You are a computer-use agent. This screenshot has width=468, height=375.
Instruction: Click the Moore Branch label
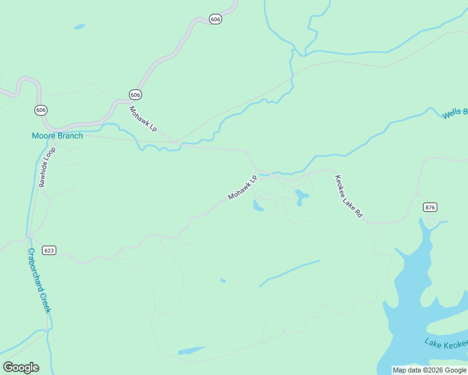click(57, 136)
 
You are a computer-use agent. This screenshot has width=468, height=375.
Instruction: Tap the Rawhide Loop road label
click(46, 167)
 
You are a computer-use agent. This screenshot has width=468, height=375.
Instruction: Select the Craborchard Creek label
click(38, 281)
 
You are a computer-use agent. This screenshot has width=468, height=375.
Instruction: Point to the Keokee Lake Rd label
click(348, 196)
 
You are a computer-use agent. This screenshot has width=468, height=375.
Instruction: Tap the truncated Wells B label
click(455, 113)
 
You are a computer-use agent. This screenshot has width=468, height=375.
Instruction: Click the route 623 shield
click(49, 250)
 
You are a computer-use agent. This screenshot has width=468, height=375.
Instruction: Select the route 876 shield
click(429, 207)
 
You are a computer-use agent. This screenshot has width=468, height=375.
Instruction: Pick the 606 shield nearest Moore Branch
click(41, 110)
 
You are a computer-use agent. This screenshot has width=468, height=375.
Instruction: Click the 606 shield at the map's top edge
click(215, 19)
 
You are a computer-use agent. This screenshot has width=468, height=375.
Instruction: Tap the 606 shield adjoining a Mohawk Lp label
click(136, 94)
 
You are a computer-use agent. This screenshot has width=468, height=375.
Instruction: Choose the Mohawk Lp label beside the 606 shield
click(143, 119)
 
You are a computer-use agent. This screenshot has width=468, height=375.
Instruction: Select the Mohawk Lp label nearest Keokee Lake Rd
click(243, 187)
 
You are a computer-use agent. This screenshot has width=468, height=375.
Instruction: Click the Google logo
click(21, 367)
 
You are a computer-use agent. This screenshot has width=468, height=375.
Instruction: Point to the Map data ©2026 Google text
click(430, 370)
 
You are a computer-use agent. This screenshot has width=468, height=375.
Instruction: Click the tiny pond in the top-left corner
click(79, 27)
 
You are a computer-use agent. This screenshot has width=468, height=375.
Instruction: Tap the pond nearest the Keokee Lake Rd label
click(302, 197)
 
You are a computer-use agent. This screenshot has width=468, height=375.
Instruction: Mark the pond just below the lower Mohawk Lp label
click(258, 206)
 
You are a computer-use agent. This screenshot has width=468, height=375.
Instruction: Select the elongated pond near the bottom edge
click(191, 351)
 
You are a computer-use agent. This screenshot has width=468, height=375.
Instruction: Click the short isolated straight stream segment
click(289, 273)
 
